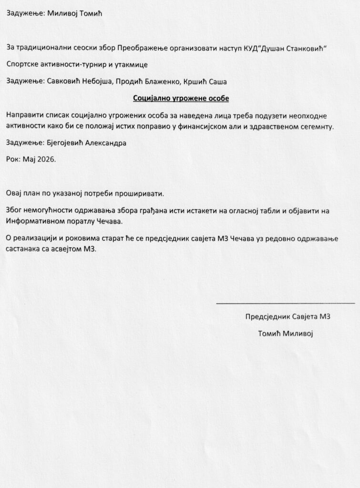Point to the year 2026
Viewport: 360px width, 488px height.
45,159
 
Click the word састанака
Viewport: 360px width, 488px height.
24,248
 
